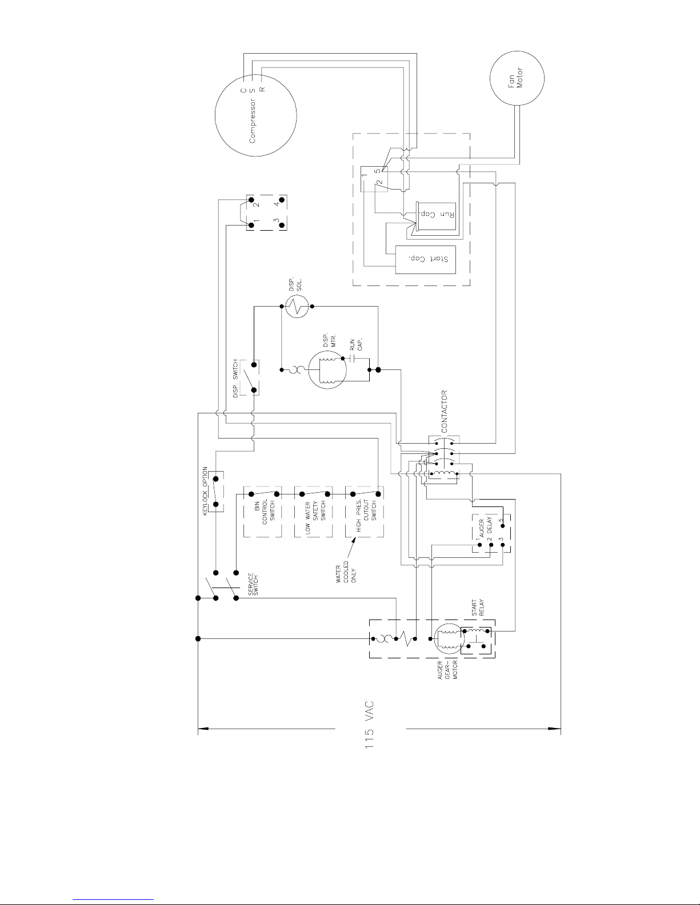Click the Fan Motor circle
click(490, 78)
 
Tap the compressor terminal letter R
click(262, 90)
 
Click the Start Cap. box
click(425, 259)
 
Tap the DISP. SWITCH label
click(235, 379)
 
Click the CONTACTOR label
click(444, 412)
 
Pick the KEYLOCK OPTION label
click(205, 491)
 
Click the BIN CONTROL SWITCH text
click(265, 512)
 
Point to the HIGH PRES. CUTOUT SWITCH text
click(366, 516)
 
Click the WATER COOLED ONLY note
click(346, 572)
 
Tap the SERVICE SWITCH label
click(253, 584)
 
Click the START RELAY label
click(478, 608)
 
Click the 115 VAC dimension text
click(369, 725)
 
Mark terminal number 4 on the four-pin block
click(276, 204)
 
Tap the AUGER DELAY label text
click(485, 527)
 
